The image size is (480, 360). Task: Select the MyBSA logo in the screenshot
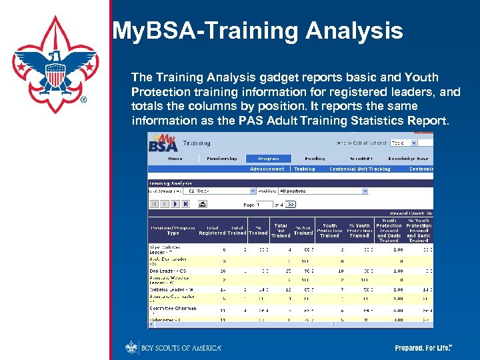[x=163, y=142]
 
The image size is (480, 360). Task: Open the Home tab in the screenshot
[x=175, y=159]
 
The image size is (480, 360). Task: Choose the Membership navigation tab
[x=221, y=159]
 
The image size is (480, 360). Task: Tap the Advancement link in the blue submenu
[x=267, y=169]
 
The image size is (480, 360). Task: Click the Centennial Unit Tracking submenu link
[x=360, y=169]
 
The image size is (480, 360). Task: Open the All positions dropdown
[x=323, y=191]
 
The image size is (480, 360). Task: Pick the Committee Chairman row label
[x=173, y=309]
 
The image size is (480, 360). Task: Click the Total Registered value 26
[x=205, y=271]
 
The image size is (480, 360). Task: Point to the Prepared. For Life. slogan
[x=424, y=348]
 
